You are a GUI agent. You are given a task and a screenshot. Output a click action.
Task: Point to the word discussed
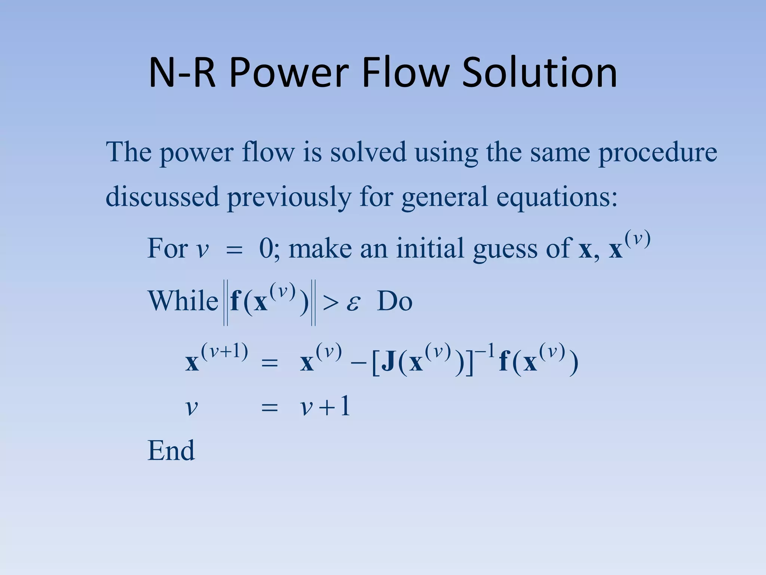162,197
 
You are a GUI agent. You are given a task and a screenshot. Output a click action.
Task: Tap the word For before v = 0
168,248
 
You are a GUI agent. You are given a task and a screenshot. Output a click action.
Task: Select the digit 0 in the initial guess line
266,248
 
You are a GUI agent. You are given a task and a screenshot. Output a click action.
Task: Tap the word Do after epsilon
395,301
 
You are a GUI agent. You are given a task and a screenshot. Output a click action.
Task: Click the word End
171,450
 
